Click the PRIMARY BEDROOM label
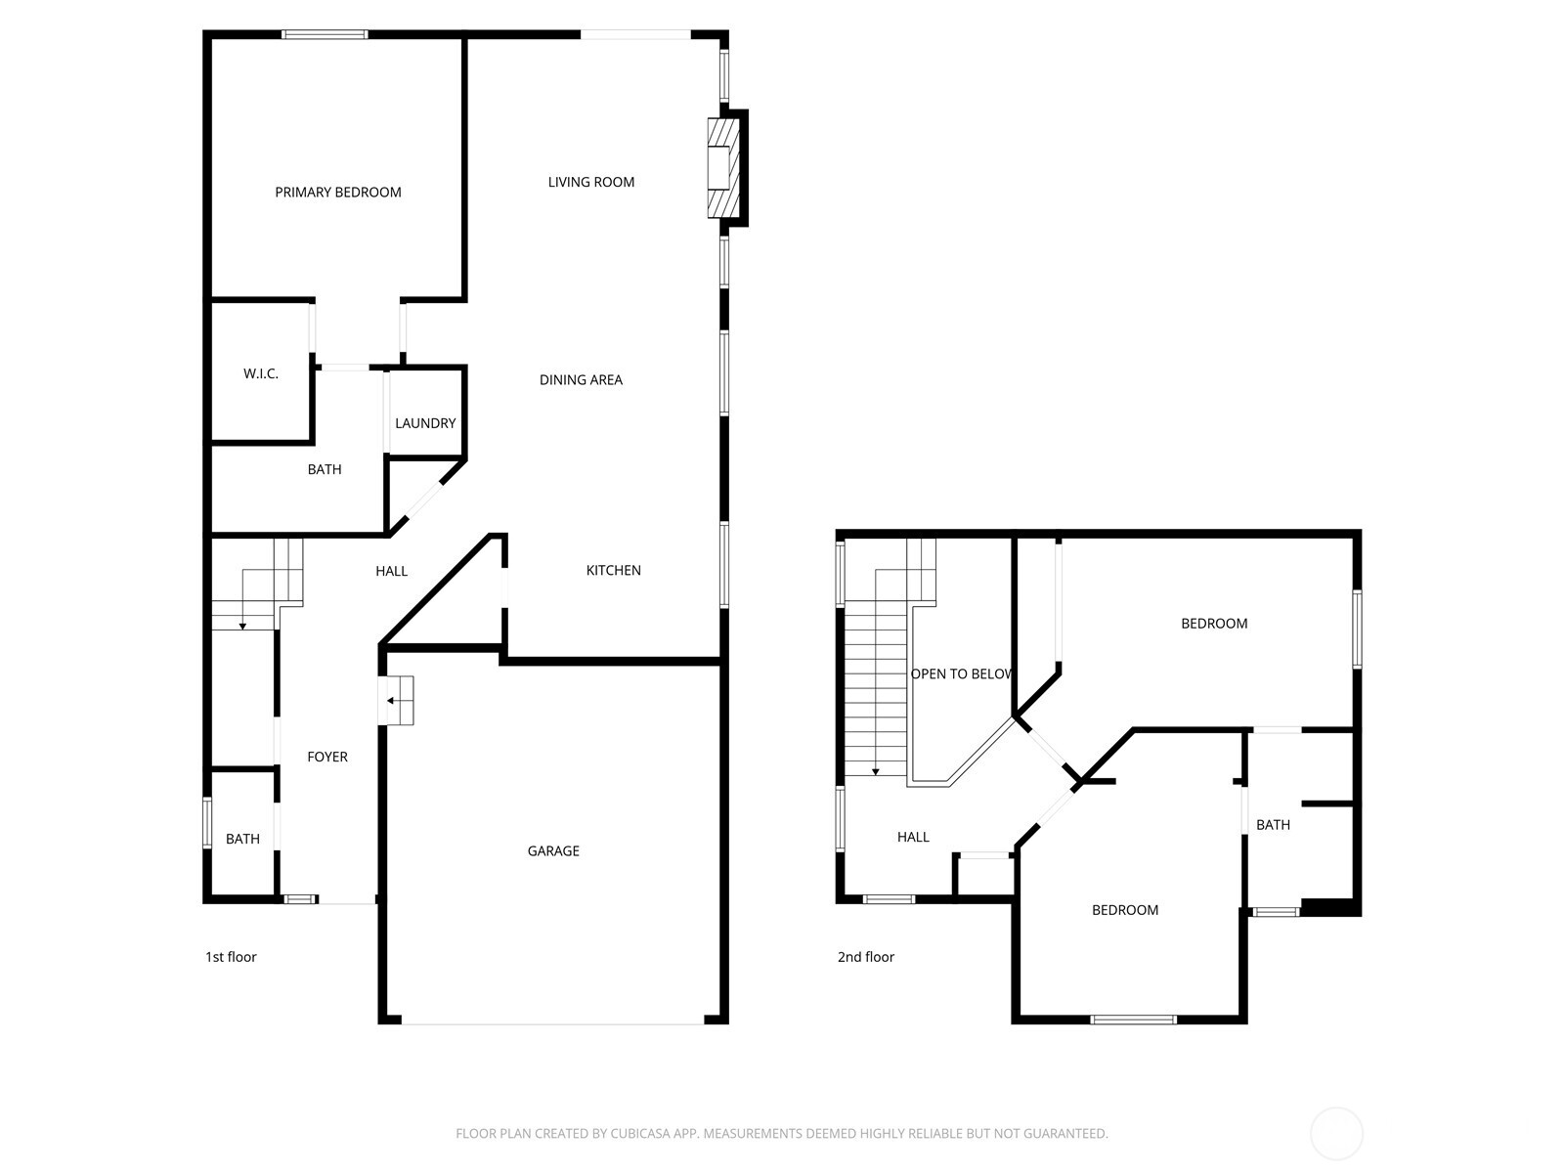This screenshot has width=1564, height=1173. point(338,193)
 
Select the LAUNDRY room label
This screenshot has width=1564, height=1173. point(425,423)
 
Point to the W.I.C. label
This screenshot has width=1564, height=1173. point(261,373)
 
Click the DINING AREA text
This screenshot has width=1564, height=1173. point(581,380)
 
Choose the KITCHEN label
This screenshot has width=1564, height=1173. point(613,570)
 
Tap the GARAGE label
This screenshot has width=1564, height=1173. point(553,851)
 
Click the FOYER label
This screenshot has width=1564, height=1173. point(327,757)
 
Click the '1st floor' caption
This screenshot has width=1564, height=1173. point(231,957)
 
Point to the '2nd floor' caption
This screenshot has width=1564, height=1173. point(865,957)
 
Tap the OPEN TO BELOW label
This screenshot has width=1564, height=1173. point(961,673)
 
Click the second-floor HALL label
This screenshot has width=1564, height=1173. point(913,837)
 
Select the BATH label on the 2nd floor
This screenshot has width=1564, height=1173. point(1273,825)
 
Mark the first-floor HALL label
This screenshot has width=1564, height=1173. point(391,571)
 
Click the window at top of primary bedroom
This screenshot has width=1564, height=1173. point(326,35)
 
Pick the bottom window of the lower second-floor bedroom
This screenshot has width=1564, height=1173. point(1133,1020)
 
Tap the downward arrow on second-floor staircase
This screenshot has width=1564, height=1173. point(876,770)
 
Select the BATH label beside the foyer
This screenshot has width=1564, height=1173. point(242,839)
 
